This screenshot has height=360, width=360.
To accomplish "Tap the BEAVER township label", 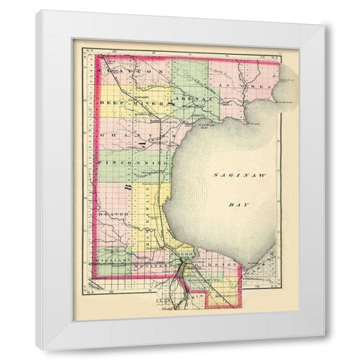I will pyautogui.click(x=109, y=214).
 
